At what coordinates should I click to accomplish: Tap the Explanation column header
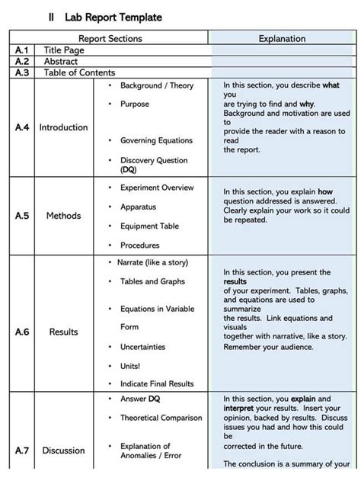282,38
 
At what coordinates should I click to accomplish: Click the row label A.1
21,50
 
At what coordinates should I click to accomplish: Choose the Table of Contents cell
79,72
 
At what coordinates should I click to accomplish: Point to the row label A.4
21,127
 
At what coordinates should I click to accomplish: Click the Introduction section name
63,127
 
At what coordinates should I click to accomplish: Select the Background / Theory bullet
156,86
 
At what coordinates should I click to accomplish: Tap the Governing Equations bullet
156,140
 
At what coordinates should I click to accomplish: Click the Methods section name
63,216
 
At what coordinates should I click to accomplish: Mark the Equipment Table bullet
150,226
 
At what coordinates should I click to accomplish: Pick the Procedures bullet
140,245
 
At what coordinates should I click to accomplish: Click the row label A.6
21,332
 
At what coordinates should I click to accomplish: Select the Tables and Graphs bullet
153,281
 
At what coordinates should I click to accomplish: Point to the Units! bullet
130,365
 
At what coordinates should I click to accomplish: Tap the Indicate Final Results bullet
156,383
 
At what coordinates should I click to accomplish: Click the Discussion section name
63,451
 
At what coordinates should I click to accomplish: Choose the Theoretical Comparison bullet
161,418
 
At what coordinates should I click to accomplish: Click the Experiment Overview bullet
157,188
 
